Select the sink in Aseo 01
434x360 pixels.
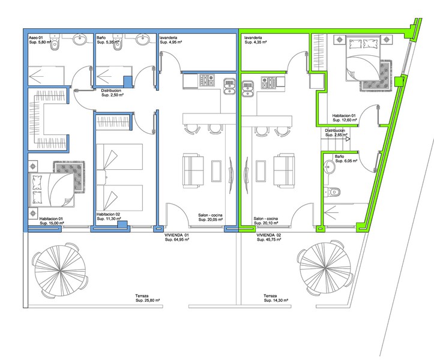pos(80,39)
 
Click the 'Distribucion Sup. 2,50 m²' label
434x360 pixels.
pos(112,92)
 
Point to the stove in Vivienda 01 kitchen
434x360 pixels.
pos(207,80)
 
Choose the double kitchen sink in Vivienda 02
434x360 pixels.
pos(247,89)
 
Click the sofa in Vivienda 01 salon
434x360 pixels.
pos(193,172)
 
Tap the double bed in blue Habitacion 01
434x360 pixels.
pos(52,190)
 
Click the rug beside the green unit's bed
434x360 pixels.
pos(376,76)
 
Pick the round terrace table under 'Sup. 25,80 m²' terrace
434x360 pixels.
pos(60,270)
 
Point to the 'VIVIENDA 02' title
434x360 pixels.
pos(269,235)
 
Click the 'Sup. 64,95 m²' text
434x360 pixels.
pos(177,239)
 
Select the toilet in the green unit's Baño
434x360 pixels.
pos(331,192)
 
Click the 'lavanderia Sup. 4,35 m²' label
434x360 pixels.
pos(256,40)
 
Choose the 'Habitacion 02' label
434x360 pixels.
pos(108,214)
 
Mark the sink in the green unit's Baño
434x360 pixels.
pos(329,167)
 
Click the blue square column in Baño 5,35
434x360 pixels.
pos(128,82)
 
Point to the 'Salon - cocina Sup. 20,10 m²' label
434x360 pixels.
pos(266,221)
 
